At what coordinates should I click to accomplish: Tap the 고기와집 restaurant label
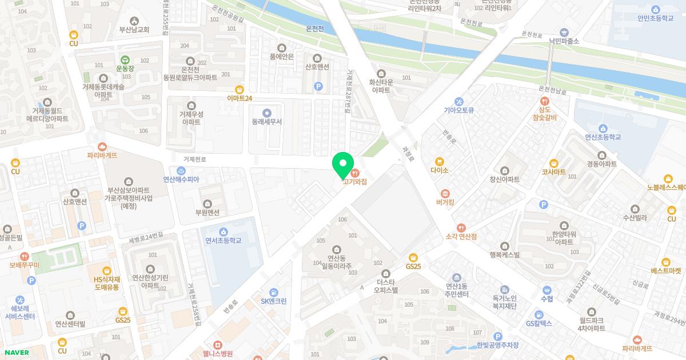(x=354, y=182)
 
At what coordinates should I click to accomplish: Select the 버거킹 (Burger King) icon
(x=445, y=193)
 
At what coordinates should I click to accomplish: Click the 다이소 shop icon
(x=440, y=162)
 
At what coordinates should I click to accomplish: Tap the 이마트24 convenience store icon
(x=240, y=89)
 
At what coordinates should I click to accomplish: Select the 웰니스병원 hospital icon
(x=217, y=345)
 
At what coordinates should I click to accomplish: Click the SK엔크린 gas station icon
(x=273, y=292)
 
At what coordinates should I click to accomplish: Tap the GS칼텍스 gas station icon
(x=539, y=314)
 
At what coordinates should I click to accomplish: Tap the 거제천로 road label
(x=194, y=159)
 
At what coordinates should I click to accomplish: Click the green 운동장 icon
(x=125, y=59)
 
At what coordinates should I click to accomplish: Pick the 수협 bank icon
(x=547, y=290)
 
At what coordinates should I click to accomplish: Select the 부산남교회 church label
(x=134, y=30)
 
